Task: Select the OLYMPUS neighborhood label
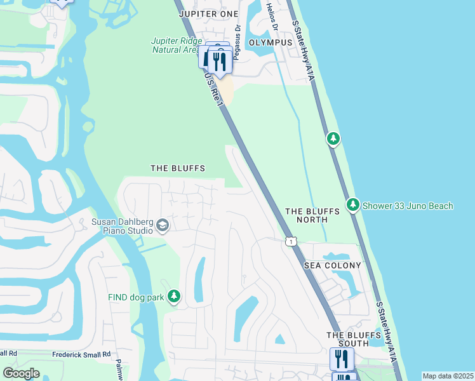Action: click(x=271, y=43)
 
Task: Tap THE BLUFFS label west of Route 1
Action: click(x=178, y=168)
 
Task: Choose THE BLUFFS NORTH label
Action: click(x=307, y=215)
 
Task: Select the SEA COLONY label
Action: click(x=332, y=265)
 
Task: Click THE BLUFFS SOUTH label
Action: click(x=348, y=339)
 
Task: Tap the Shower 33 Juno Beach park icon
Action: click(x=353, y=204)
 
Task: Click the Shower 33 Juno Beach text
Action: click(x=408, y=206)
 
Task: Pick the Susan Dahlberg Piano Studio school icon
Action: click(x=163, y=226)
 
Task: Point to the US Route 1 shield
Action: click(x=291, y=241)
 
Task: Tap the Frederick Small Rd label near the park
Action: click(x=81, y=354)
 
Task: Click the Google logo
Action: click(x=22, y=373)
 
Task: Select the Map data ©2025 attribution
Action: click(x=448, y=376)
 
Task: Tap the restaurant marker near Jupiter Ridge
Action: click(x=219, y=62)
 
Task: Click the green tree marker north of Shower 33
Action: click(x=333, y=138)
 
